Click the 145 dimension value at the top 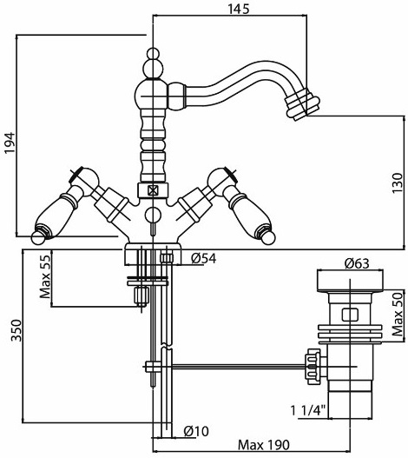[x=239, y=9]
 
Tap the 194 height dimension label [x=10, y=143]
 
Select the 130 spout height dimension [x=398, y=183]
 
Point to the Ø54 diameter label [x=204, y=258]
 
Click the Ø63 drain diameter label [x=357, y=263]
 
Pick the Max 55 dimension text [x=45, y=276]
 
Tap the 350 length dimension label [x=16, y=330]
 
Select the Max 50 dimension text [x=398, y=315]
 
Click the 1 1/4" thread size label [x=308, y=411]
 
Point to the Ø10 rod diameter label [x=196, y=431]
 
